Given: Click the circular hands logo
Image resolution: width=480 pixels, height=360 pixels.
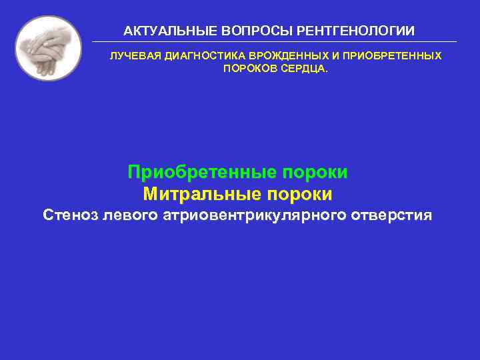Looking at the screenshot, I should click(x=48, y=49).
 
